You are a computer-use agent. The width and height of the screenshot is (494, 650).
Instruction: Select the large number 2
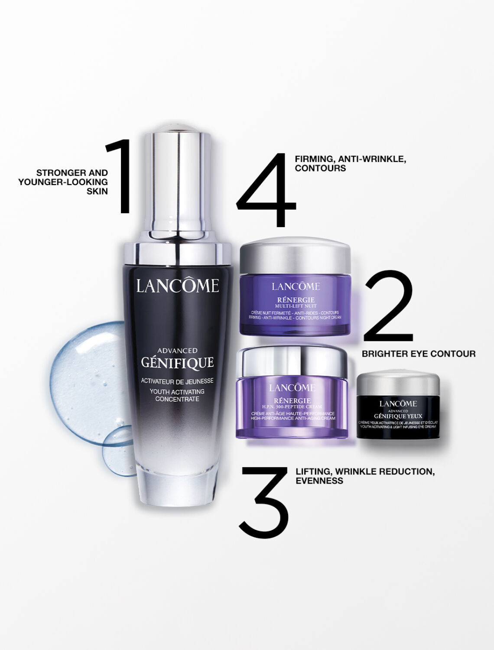tap(388, 306)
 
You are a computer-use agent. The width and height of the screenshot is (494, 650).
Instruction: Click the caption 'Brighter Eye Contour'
tap(418, 354)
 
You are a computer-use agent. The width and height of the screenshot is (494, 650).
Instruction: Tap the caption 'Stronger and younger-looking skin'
tap(63, 182)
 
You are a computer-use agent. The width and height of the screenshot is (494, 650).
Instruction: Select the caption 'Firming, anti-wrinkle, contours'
tap(350, 164)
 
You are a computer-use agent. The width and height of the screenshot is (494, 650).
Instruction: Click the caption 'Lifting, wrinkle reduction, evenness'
tap(365, 476)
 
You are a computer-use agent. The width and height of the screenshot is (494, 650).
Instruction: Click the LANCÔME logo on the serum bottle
tap(177, 286)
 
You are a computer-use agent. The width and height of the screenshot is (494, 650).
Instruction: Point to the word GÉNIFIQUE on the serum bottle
tap(177, 363)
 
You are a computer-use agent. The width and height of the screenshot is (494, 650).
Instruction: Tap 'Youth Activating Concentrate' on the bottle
tap(177, 395)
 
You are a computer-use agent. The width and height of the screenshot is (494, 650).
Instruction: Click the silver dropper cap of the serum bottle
tap(178, 182)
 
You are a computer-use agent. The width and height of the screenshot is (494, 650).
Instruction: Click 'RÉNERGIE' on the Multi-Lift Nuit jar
tap(296, 300)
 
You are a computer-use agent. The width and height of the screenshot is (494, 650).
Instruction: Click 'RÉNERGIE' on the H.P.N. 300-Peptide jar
tap(292, 400)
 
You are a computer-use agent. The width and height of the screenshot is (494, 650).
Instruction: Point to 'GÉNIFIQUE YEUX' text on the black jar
tap(398, 416)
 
